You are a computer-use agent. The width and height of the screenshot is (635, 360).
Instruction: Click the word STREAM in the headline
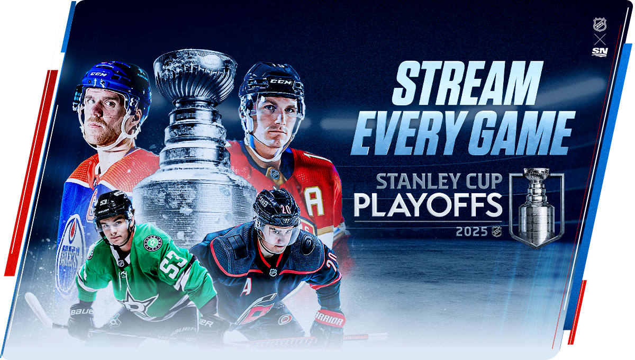(x=467, y=83)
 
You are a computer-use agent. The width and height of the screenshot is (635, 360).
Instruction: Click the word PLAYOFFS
(x=428, y=205)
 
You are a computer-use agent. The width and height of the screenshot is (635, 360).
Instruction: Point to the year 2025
(x=471, y=231)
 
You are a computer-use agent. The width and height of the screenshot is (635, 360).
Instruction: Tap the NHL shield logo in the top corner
(x=600, y=25)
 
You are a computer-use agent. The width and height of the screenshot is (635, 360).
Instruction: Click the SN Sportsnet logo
(x=600, y=52)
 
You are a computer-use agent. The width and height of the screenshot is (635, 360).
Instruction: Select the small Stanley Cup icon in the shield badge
(x=537, y=207)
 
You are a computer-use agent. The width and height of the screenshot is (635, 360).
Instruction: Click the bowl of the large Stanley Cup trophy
(x=195, y=77)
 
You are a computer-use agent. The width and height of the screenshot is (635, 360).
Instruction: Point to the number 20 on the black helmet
(x=286, y=209)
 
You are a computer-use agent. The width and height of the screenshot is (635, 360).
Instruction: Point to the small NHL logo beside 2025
(x=497, y=231)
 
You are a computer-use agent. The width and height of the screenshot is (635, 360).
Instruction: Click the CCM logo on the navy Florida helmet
(x=280, y=82)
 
